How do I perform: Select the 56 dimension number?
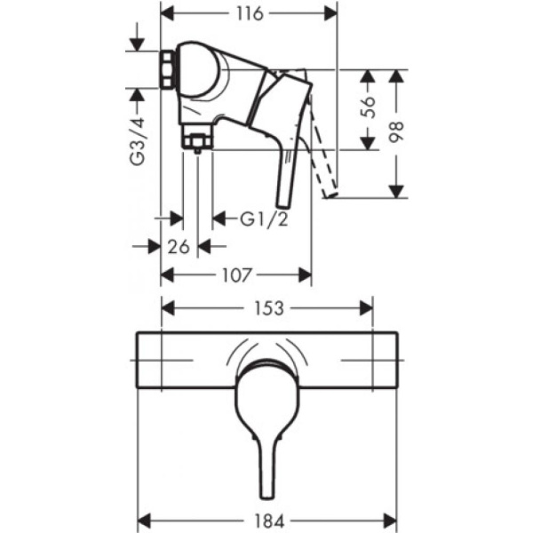373,107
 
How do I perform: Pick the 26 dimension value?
179,246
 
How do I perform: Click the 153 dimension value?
267,308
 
